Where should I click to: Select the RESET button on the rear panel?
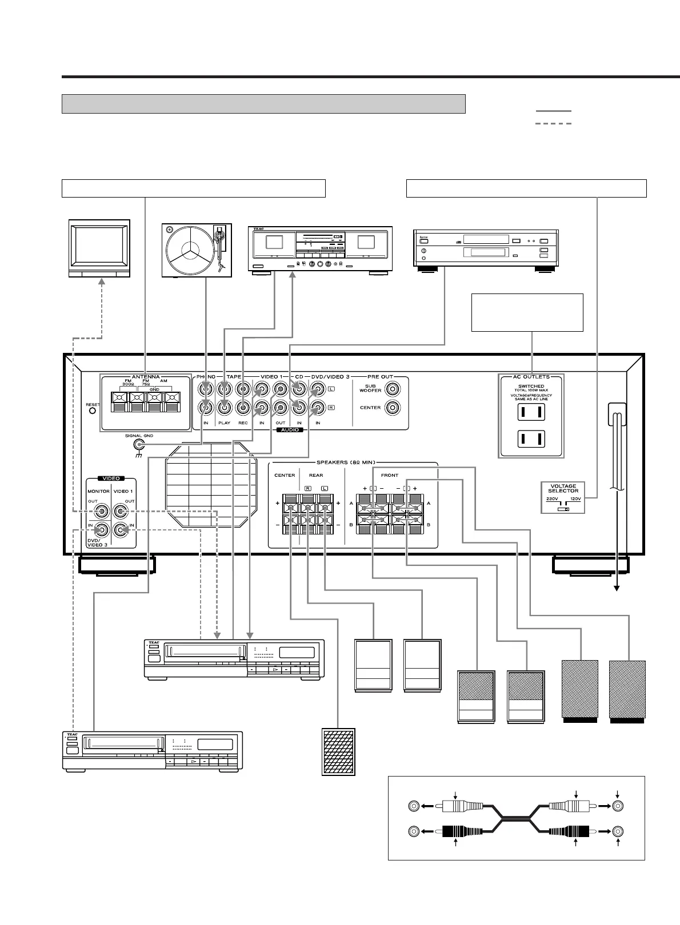[x=92, y=412]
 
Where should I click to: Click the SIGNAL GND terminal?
[x=138, y=445]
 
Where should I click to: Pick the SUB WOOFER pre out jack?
[x=393, y=389]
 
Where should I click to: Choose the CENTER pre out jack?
[x=393, y=408]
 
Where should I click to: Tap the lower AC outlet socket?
[x=531, y=439]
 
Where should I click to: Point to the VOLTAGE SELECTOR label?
[x=563, y=489]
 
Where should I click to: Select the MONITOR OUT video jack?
[x=102, y=512]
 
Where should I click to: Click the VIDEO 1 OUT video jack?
[x=120, y=512]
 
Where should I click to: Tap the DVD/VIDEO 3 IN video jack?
[x=102, y=530]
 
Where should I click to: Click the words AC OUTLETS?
[x=531, y=377]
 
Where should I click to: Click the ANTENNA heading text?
[x=146, y=377]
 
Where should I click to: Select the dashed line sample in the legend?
[x=553, y=123]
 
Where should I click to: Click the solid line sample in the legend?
[x=553, y=111]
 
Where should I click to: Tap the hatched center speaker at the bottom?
[x=339, y=751]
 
